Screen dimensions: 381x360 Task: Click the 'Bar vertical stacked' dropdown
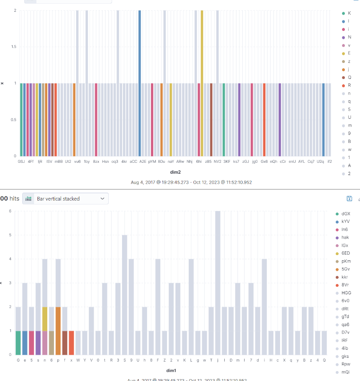[x=65, y=199]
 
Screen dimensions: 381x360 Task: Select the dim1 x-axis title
[x=171, y=370]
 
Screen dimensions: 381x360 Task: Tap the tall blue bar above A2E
[x=140, y=83]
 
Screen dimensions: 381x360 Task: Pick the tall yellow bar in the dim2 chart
[x=202, y=83]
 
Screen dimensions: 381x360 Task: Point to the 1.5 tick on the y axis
[x=12, y=47]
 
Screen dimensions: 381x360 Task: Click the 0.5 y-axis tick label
[x=12, y=119]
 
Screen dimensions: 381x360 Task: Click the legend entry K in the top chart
[x=349, y=13]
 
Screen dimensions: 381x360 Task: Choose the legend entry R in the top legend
[x=349, y=85]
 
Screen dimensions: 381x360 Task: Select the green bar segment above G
[x=18, y=343]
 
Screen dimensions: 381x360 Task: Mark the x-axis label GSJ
[x=21, y=161]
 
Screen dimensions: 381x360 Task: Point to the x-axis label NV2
[x=217, y=161]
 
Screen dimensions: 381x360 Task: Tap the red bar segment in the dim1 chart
[x=71, y=343]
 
